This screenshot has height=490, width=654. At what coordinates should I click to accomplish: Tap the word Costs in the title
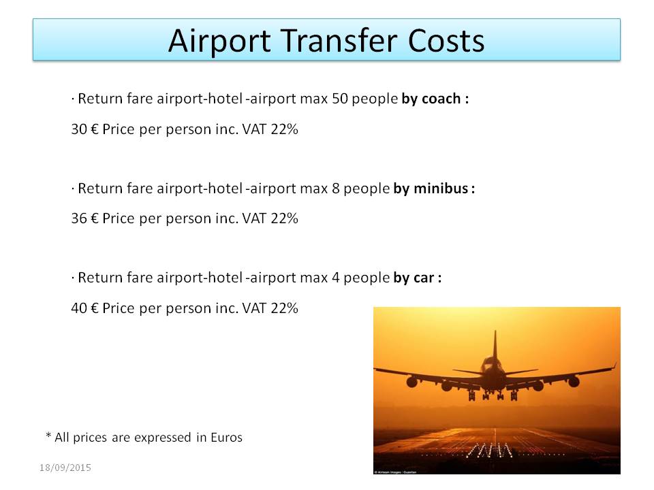coord(446,41)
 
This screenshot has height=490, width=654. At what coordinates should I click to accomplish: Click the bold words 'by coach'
coord(431,99)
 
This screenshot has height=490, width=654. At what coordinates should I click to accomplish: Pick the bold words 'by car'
coord(414,278)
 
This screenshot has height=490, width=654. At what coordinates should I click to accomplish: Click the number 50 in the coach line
coord(339,99)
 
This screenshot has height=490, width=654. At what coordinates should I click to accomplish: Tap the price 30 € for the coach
coord(84,129)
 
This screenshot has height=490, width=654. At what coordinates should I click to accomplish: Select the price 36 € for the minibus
coord(84,218)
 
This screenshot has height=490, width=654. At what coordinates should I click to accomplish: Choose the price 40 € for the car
coord(84,308)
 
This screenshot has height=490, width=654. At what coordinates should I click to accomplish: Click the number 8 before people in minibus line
coord(336,189)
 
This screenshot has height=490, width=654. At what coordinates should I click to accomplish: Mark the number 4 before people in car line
coord(336,278)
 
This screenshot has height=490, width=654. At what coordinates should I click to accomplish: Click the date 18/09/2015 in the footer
coord(65,468)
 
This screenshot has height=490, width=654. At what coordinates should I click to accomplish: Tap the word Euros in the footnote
coord(226,438)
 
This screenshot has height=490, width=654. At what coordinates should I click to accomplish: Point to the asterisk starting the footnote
coord(48,436)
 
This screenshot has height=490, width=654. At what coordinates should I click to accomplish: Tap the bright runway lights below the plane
coord(489,451)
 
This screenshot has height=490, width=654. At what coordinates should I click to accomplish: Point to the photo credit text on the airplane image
coord(395,472)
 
